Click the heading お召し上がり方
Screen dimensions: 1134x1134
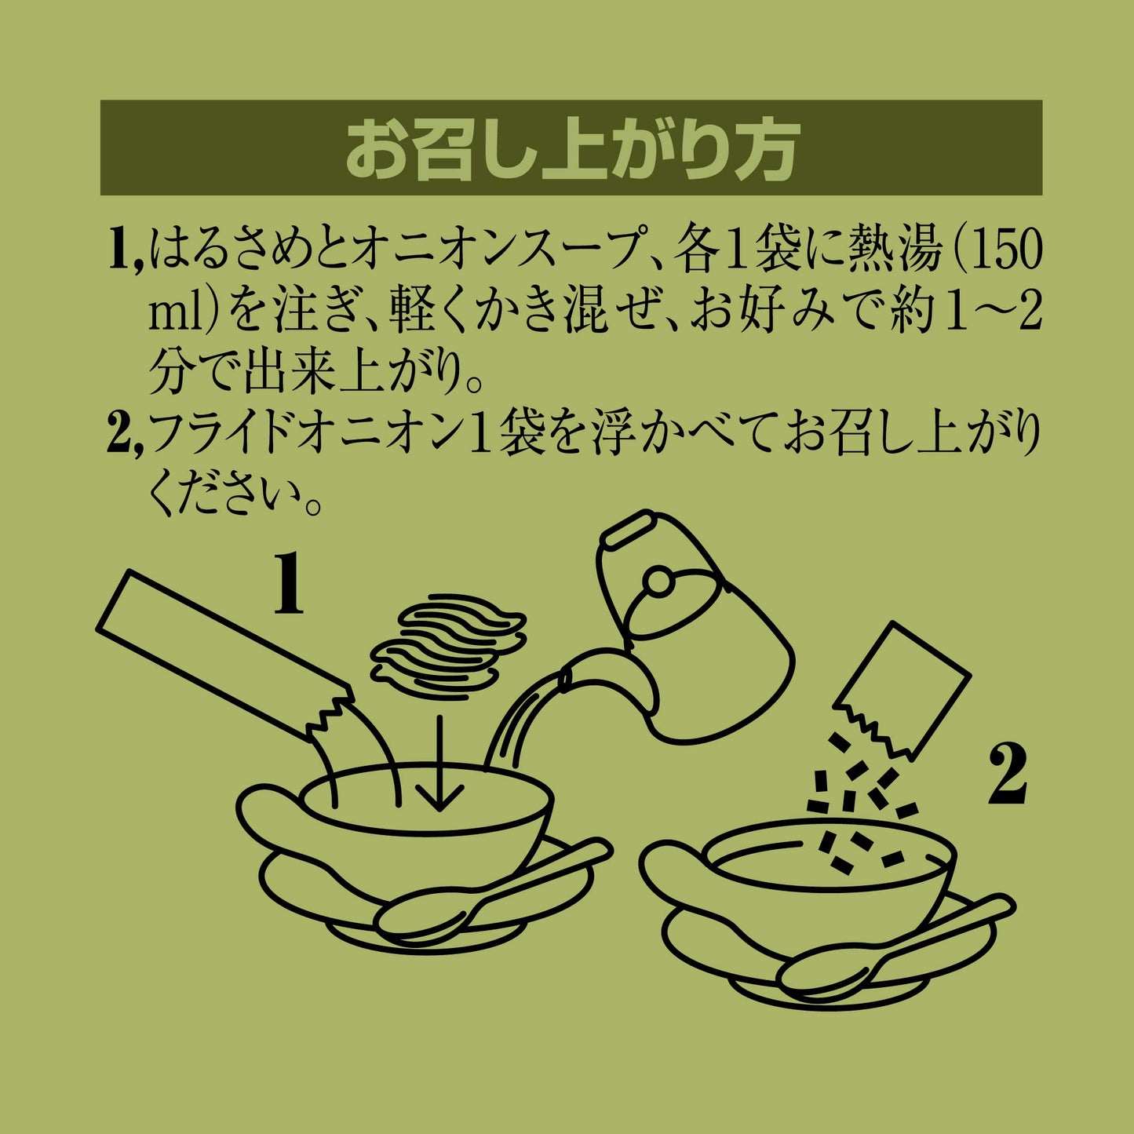click(x=571, y=150)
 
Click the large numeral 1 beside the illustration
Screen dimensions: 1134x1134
click(x=290, y=584)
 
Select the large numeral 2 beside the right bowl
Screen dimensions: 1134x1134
click(x=1008, y=775)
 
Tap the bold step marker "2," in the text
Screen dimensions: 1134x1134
click(x=125, y=436)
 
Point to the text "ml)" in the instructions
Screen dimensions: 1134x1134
click(x=184, y=312)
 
